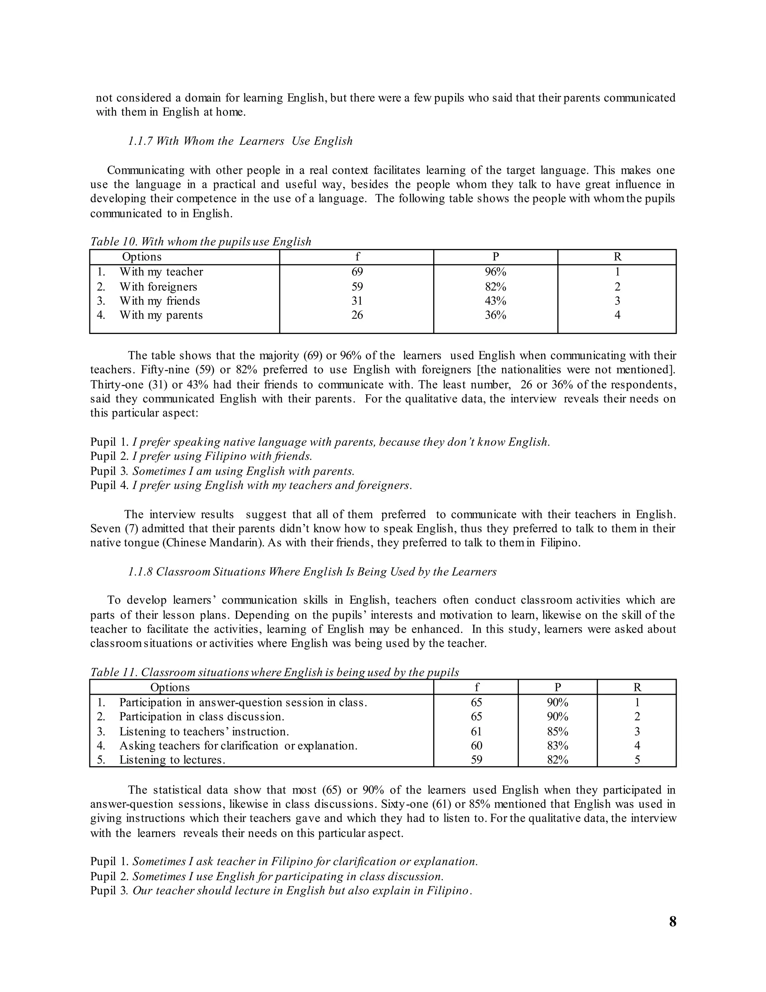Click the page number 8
(x=672, y=922)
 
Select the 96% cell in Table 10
(x=495, y=272)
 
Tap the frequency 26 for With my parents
(x=357, y=315)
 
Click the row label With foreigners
(x=158, y=287)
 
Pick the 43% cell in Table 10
(x=495, y=301)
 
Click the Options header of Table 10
(x=142, y=257)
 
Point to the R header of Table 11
(x=637, y=687)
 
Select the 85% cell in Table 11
(x=557, y=731)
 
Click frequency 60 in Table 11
(x=476, y=745)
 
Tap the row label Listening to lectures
(x=172, y=760)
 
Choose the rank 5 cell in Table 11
(x=637, y=760)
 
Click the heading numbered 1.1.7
(x=240, y=141)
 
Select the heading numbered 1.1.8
(x=312, y=571)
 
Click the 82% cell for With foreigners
(x=495, y=287)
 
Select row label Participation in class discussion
(x=202, y=717)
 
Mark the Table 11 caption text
(x=275, y=672)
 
